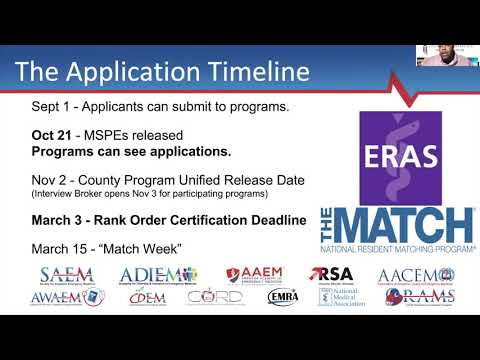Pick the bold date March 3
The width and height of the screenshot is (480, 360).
pyautogui.click(x=58, y=220)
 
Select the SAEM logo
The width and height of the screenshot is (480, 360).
pyautogui.click(x=66, y=275)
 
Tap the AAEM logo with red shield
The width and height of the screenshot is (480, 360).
pyautogui.click(x=254, y=275)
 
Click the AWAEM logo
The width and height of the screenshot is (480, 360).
pyautogui.click(x=67, y=297)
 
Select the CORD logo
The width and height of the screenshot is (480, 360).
pyautogui.click(x=214, y=297)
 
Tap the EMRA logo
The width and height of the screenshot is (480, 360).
pyautogui.click(x=283, y=297)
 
